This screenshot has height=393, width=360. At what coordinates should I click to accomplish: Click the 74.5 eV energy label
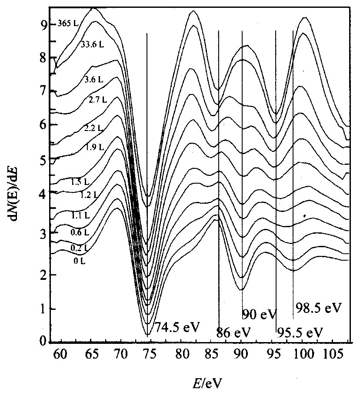coord(176,327)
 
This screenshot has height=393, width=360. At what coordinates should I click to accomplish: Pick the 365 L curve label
coord(67,24)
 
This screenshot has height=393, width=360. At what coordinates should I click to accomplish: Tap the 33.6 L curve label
coord(92,44)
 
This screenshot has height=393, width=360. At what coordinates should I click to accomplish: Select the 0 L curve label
coord(79,261)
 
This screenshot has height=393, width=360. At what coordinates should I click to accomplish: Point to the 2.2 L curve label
coord(93,128)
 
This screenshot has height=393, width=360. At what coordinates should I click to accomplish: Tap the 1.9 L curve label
coord(94,147)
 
